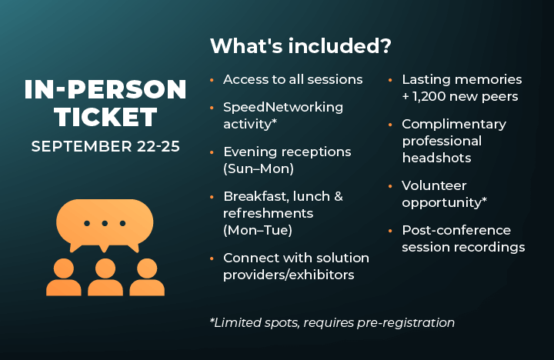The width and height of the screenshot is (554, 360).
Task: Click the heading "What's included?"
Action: click(x=301, y=46)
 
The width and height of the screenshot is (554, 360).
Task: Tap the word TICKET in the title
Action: click(x=105, y=118)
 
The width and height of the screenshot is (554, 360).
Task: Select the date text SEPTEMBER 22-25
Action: click(x=105, y=145)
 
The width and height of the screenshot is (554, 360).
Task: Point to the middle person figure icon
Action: click(x=105, y=277)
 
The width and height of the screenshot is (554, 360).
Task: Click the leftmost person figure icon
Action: click(x=64, y=277)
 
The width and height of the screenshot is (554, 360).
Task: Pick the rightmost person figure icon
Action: click(x=147, y=277)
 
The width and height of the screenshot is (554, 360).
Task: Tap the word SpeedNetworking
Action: click(x=283, y=107)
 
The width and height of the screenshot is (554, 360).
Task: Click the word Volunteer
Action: click(x=434, y=185)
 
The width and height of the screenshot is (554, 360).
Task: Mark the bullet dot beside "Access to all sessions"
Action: click(x=212, y=80)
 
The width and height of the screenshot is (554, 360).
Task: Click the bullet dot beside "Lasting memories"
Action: click(x=391, y=80)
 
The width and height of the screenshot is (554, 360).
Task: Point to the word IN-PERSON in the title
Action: click(x=105, y=90)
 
